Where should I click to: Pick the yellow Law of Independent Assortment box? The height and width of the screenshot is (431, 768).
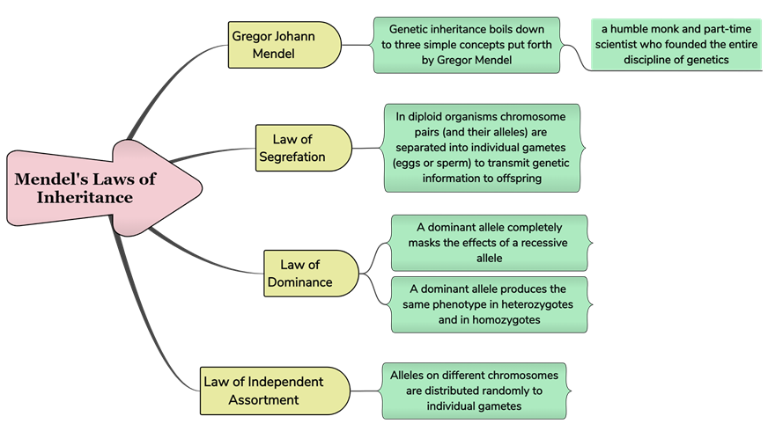pyautogui.click(x=273, y=391)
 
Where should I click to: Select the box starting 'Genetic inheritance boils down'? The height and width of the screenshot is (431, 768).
pyautogui.click(x=466, y=45)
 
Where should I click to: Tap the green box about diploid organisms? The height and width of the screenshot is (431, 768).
pyautogui.click(x=482, y=148)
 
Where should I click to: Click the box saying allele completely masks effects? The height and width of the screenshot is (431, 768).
pyautogui.click(x=489, y=243)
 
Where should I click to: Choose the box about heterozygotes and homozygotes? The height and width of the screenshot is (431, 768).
pyautogui.click(x=489, y=304)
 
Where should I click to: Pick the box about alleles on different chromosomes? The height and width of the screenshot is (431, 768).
pyautogui.click(x=475, y=391)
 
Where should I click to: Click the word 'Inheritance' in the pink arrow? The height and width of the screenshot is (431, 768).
pyautogui.click(x=85, y=198)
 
